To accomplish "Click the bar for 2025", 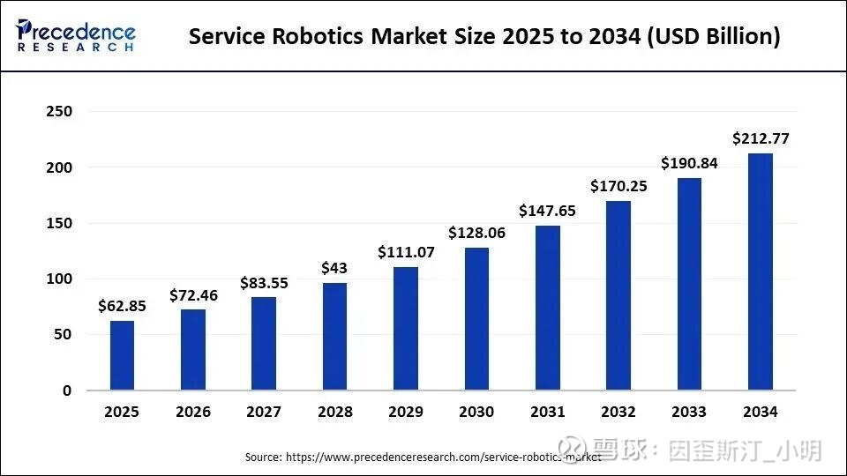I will [123, 355].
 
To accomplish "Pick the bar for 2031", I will [548, 308].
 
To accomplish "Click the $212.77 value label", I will [761, 138].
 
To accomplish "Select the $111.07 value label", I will [406, 252].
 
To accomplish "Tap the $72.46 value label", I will [192, 295].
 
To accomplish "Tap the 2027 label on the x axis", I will [264, 412].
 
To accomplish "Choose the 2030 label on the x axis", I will [476, 412].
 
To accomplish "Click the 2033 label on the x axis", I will [689, 412].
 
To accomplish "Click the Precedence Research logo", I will [76, 35].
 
